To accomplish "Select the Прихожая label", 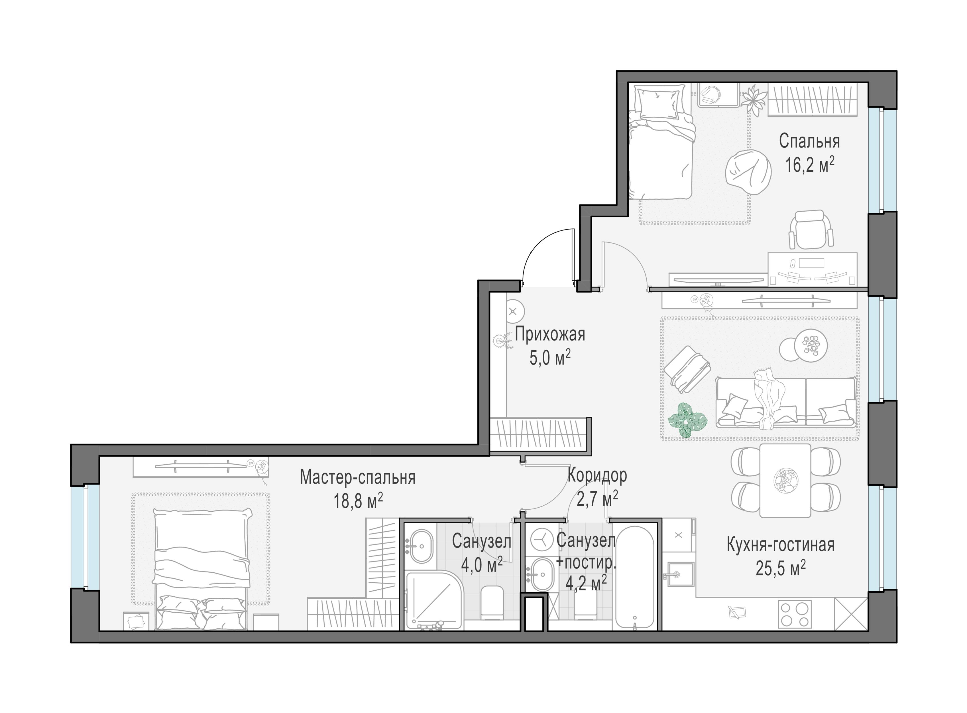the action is tap(550, 335).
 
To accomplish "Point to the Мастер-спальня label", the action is tap(358, 478).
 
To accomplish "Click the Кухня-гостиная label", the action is tap(780, 545).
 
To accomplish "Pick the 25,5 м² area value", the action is tap(781, 568).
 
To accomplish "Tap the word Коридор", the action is tap(597, 475).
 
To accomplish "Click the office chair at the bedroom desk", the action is tap(811, 230).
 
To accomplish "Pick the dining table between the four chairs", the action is tap(785, 480).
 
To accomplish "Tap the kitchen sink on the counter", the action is tap(681, 574).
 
